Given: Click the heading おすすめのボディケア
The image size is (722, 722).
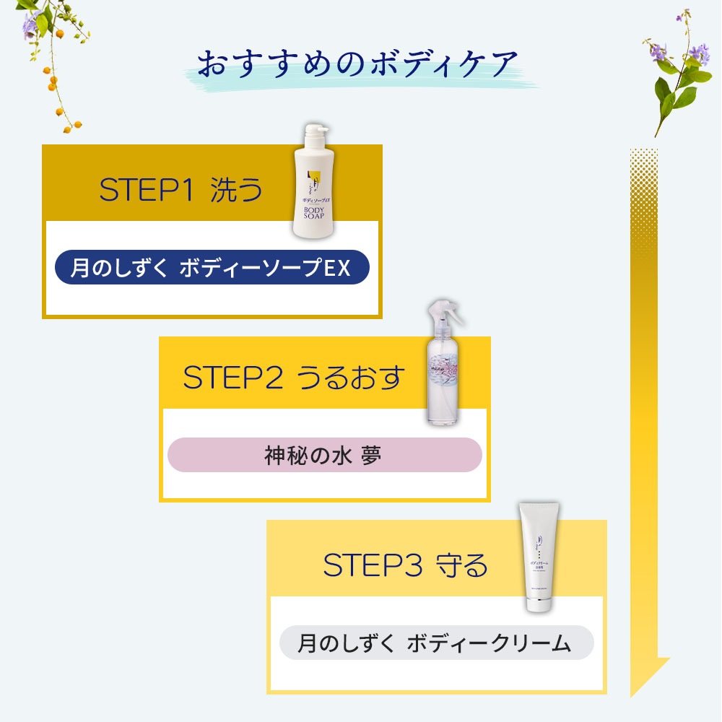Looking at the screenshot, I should tap(358, 65).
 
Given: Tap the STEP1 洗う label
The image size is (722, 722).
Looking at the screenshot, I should tap(180, 191).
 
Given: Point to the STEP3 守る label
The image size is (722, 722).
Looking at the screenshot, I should tap(405, 565).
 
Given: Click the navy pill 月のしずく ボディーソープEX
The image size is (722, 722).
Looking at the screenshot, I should tap(212, 268).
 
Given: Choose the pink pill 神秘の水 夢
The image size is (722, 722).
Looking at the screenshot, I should tap(323, 456).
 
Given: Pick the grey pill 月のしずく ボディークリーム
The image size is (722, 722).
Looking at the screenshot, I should tap(435, 643).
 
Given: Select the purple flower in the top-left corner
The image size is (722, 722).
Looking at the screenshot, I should tap(30, 23).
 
